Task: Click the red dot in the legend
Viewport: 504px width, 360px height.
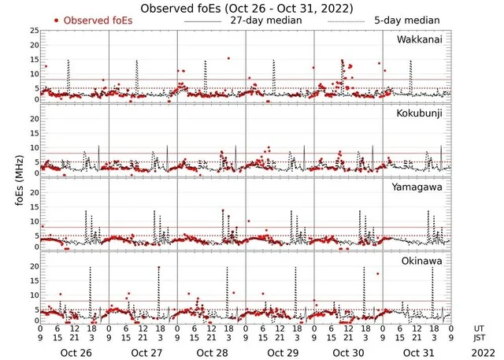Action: point(56,20)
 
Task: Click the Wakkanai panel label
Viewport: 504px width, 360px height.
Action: point(419,39)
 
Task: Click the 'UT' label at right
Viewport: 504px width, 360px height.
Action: point(480,327)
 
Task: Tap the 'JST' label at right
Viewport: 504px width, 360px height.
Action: point(480,337)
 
